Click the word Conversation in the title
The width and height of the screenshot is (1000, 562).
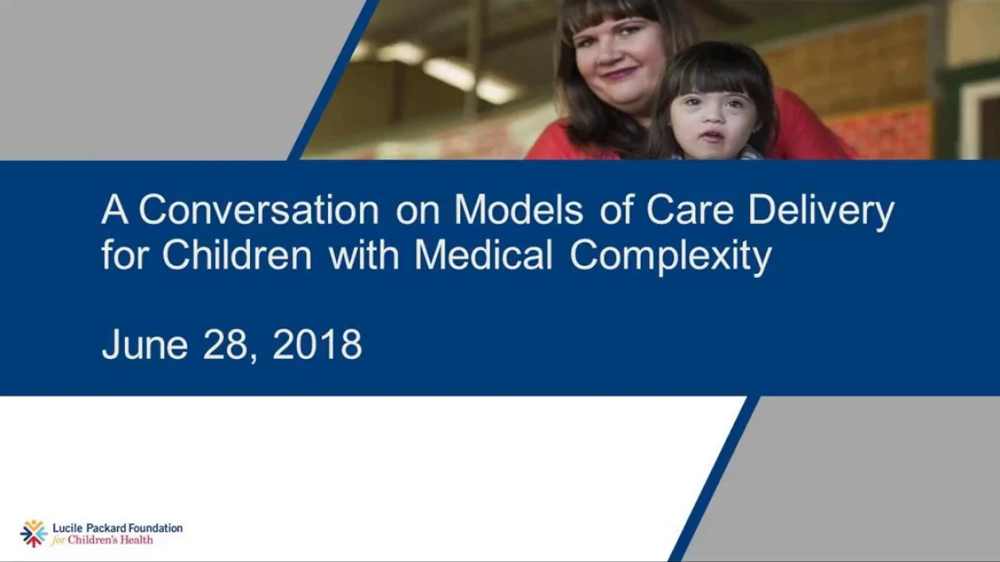click(x=259, y=209)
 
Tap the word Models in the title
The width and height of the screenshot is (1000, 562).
click(x=519, y=209)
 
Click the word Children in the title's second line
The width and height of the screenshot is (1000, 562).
click(x=237, y=254)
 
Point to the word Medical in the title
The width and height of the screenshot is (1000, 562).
click(x=484, y=254)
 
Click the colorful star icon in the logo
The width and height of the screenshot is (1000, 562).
click(x=34, y=533)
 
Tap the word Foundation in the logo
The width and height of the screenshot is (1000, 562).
click(x=149, y=528)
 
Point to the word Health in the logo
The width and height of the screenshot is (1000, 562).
click(x=137, y=540)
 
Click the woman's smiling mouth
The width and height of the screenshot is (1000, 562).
click(x=619, y=73)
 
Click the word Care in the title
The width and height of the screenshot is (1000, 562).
click(x=690, y=209)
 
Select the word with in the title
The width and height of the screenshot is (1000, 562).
click(x=363, y=254)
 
